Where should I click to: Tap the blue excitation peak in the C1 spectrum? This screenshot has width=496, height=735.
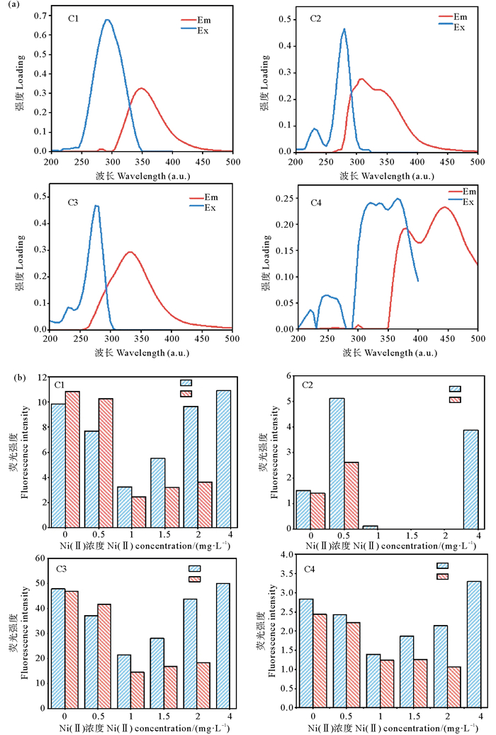point(107,21)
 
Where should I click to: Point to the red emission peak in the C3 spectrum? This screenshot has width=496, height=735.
point(130,252)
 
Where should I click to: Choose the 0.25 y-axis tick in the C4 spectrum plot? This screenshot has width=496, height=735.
point(286,200)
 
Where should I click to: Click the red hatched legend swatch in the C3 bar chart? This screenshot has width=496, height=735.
point(194,579)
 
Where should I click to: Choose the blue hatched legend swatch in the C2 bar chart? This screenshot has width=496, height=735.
point(455,389)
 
